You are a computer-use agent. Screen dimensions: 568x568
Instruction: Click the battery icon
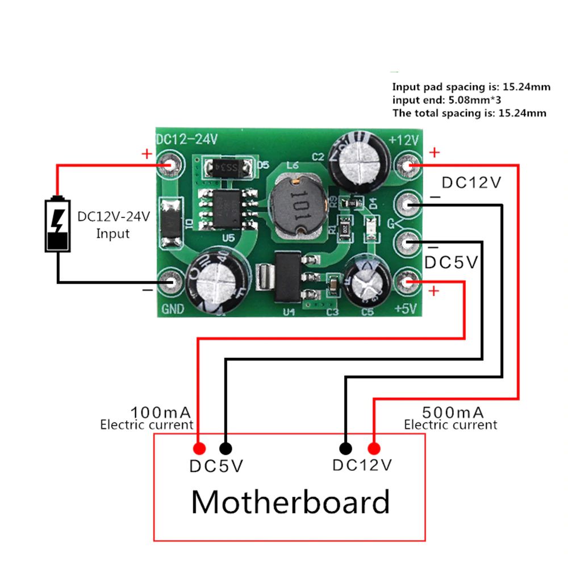(x=58, y=224)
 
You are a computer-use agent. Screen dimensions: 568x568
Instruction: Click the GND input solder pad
(x=169, y=281)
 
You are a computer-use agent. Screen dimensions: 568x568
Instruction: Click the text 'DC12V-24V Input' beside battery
(x=113, y=224)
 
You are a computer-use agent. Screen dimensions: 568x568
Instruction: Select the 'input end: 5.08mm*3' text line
(x=446, y=100)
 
